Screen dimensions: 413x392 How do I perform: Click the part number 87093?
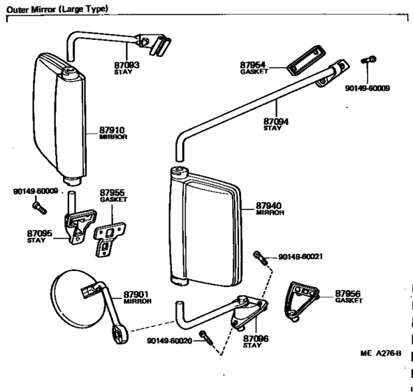[x=126, y=65]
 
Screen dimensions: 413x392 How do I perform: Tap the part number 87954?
[x=252, y=65]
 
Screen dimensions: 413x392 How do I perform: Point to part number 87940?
[x=268, y=206]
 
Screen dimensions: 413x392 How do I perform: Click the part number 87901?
[x=136, y=294]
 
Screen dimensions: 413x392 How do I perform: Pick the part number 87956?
[x=347, y=293]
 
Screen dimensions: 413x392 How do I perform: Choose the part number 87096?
[x=256, y=338]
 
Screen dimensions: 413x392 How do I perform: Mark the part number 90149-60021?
[x=300, y=257]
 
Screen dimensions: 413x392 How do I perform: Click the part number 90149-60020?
[x=169, y=341]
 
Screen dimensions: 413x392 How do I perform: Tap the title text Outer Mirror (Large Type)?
[x=57, y=10]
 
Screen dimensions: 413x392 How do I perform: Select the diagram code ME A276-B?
[x=381, y=353]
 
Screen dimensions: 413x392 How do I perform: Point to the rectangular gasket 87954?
[x=306, y=60]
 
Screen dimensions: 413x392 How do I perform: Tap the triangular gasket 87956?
[x=301, y=301]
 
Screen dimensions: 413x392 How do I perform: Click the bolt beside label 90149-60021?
[x=260, y=258]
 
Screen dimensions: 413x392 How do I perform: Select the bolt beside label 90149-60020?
[x=206, y=337]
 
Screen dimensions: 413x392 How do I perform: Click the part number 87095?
[x=40, y=234]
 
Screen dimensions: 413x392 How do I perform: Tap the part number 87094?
[x=276, y=122]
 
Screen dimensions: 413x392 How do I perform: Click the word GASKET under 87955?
[x=113, y=199]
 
